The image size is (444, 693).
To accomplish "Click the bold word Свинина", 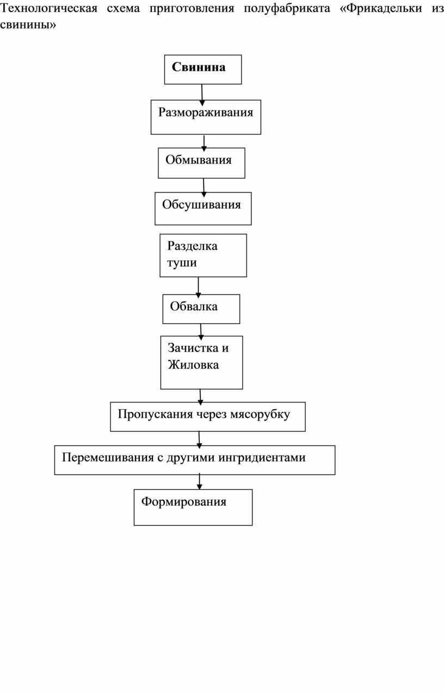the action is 199,67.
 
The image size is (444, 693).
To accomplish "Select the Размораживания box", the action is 206,117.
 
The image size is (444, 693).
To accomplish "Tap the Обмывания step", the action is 201,163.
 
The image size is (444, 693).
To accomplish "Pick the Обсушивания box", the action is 203,209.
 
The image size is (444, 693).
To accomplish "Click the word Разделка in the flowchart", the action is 192,246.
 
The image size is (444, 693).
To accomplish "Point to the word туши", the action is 182,263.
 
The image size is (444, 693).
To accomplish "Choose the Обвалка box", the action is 201,309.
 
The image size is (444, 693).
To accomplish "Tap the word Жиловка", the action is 193,365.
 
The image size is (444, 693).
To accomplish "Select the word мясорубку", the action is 260,415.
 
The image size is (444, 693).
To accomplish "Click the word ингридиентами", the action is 262,458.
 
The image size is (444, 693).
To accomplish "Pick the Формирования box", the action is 193,507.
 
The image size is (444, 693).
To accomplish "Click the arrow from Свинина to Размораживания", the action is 202,95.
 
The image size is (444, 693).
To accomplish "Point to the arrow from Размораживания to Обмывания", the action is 204,143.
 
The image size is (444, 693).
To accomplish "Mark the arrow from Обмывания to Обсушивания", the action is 203,187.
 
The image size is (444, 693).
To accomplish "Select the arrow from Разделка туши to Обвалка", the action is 199,288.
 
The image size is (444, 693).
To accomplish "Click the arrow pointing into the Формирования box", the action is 199,482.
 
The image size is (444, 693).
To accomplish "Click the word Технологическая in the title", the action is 49,8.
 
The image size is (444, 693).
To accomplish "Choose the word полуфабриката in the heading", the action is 287,9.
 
